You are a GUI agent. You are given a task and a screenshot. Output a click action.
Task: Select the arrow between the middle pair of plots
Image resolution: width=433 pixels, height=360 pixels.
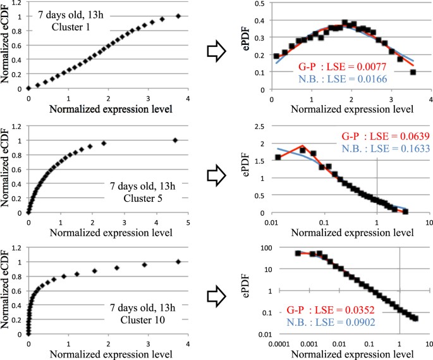pos(217,170)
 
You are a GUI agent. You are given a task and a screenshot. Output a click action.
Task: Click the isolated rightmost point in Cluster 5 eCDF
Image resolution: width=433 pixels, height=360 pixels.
pos(175,140)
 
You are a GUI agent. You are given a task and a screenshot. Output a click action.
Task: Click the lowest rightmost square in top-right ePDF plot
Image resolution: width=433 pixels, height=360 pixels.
pos(413,72)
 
